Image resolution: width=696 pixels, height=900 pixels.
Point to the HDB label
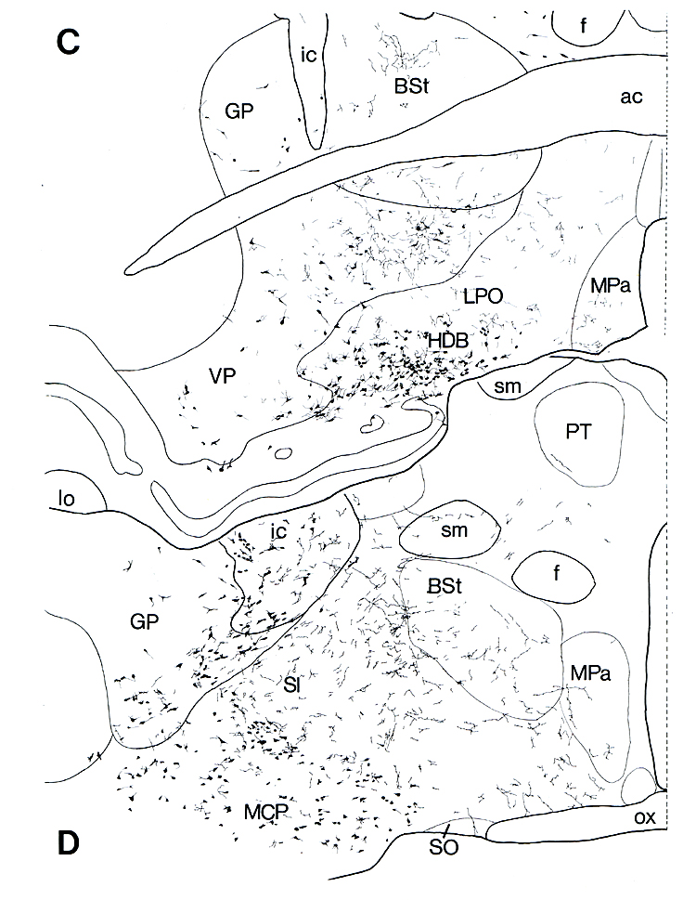click(x=448, y=342)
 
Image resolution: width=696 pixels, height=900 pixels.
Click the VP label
click(x=220, y=373)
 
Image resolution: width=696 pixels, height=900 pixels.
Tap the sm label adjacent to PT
click(x=506, y=386)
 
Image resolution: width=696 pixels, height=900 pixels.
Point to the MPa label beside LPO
click(x=611, y=285)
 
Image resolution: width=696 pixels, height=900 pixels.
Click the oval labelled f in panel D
click(x=555, y=575)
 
